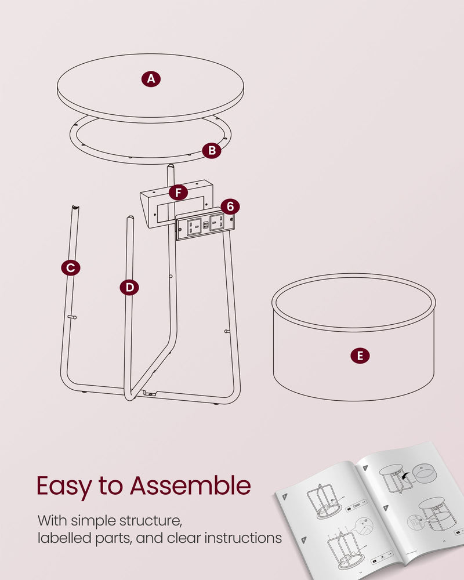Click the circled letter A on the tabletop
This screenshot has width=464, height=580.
pos(151,79)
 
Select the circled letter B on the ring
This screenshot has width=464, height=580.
pos(212,151)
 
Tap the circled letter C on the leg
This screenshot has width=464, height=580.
pos(70,267)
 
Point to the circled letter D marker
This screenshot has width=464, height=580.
pos(129,287)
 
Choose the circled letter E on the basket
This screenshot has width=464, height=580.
pos(360,356)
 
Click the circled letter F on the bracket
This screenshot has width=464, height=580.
pos(178,192)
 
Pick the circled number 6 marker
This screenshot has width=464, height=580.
pos(230,206)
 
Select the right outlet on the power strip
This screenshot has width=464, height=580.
pos(216,221)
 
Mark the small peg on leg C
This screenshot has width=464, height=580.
pos(72,317)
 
